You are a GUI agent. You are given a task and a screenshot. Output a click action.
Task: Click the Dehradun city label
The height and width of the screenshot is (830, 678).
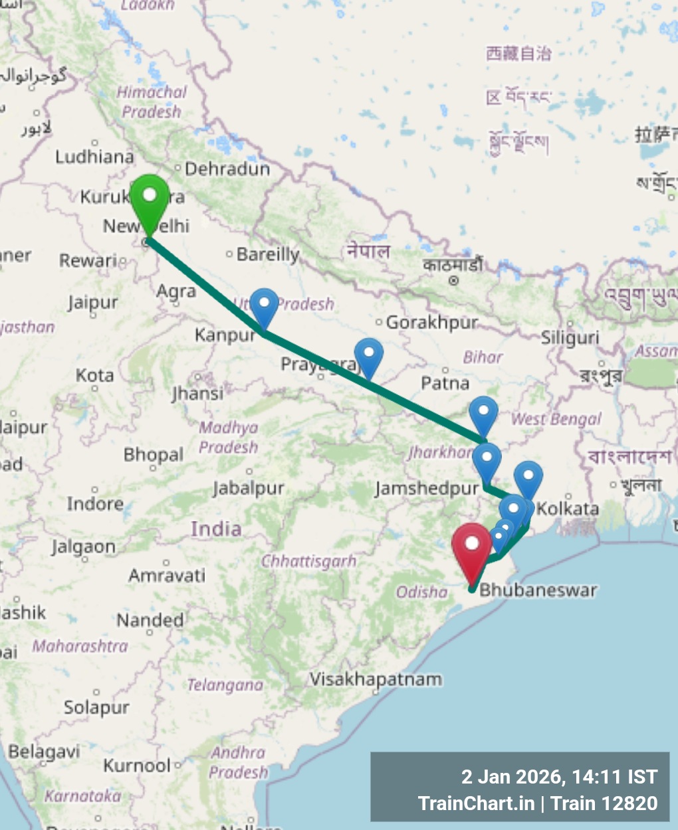point(227,169)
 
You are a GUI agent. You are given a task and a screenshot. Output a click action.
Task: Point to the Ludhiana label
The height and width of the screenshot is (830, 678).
point(94,157)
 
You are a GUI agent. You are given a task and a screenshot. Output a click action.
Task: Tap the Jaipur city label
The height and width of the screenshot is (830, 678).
point(92,303)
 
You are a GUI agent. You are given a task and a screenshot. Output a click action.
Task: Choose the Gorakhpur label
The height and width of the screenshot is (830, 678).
point(432,323)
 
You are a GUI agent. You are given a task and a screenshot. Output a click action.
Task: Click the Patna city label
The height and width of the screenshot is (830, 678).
point(445,383)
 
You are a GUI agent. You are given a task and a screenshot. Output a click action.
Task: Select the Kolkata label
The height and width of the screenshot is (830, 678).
point(568,509)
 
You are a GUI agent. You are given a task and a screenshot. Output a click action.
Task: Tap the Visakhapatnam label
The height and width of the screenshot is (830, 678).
point(376,679)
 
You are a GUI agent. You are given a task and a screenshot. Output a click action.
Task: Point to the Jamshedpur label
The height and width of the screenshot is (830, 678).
point(426,489)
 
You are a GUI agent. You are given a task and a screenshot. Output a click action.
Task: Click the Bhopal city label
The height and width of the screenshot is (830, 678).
point(153,455)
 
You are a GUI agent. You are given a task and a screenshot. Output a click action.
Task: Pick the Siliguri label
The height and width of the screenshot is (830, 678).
point(570,338)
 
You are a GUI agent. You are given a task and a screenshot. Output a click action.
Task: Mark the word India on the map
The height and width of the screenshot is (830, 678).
point(216,529)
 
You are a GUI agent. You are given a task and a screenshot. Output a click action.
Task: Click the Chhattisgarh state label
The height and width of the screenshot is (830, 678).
point(308,562)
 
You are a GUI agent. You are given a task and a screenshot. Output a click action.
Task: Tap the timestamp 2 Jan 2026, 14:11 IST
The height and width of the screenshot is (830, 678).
point(559,776)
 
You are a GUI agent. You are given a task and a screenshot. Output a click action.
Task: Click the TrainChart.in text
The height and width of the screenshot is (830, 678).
point(476,803)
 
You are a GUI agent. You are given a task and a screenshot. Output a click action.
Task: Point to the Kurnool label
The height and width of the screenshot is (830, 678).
point(137,766)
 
